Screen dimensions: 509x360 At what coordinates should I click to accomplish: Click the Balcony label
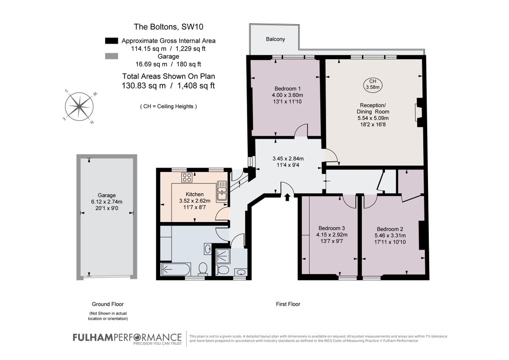click(x=275, y=39)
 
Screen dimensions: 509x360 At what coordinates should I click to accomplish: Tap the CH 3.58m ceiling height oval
click(x=372, y=84)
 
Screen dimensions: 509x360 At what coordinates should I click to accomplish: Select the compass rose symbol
click(x=79, y=107)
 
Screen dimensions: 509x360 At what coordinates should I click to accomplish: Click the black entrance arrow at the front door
click(x=287, y=197)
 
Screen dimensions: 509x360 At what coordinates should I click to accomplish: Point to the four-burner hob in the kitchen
click(x=187, y=177)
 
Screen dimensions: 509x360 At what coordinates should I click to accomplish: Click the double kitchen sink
click(x=222, y=191)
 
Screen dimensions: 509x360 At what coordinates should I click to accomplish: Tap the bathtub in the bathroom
click(x=176, y=269)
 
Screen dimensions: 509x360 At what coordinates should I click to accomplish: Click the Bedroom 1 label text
click(x=288, y=89)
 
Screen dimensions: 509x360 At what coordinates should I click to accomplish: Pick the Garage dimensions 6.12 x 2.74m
click(x=106, y=202)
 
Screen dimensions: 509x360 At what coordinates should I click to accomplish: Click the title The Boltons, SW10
click(x=168, y=27)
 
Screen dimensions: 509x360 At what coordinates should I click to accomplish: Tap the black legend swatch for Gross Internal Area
click(x=112, y=41)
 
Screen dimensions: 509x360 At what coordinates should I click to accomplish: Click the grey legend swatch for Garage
click(x=112, y=56)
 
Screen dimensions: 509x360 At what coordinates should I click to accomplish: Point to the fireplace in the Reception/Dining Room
click(x=419, y=112)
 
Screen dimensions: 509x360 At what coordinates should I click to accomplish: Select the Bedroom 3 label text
click(x=332, y=228)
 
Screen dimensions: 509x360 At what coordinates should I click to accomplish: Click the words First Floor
click(x=288, y=304)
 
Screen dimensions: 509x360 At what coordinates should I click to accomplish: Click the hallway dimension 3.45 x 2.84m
click(x=288, y=158)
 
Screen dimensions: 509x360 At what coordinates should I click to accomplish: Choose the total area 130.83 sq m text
click(x=144, y=86)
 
